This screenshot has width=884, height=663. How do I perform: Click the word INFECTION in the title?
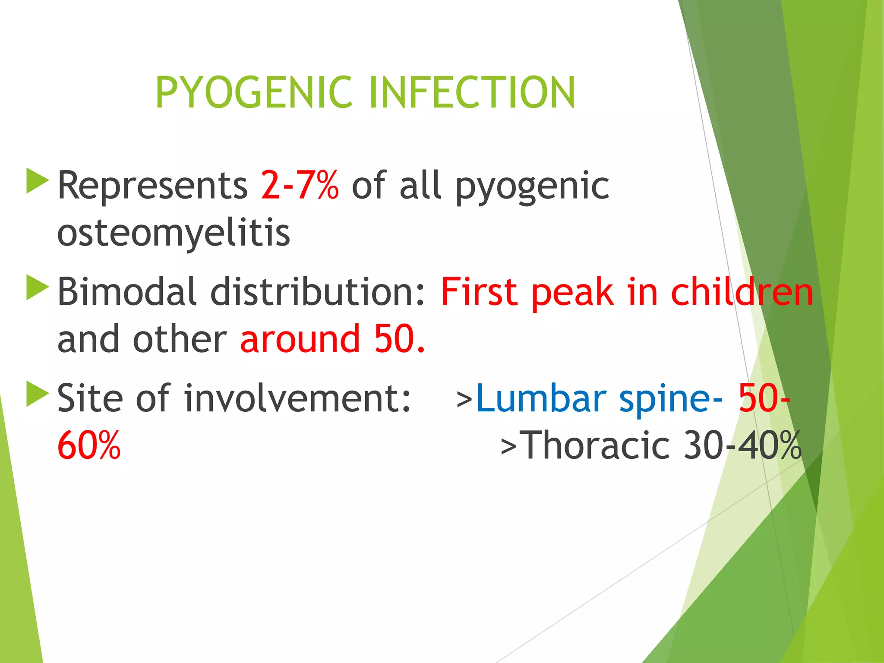point(473,92)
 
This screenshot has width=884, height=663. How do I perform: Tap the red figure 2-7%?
point(300,186)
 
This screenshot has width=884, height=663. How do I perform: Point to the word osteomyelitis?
point(174,234)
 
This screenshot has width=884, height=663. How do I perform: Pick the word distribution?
point(318,292)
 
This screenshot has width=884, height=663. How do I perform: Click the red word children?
point(742,292)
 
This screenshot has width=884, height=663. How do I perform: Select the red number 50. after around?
point(400,339)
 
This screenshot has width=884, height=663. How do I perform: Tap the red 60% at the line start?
point(89,445)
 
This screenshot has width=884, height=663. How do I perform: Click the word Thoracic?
point(596,445)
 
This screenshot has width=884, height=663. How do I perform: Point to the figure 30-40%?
point(742,445)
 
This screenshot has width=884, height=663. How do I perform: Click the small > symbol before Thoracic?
point(508,447)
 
